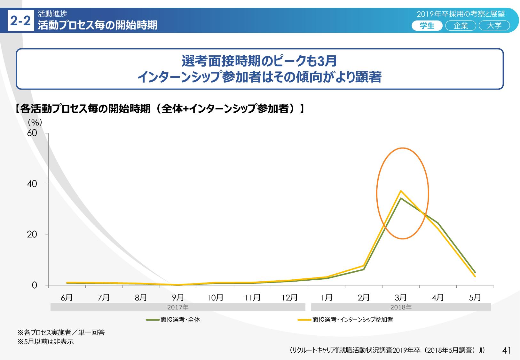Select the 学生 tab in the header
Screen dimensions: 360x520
coord(427,26)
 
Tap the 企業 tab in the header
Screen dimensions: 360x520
coord(461,26)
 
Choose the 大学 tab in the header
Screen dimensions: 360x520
coord(494,26)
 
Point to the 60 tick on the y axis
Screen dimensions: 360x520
coord(32,133)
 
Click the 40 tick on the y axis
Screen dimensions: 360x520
coord(32,184)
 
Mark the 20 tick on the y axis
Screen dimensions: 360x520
coord(32,235)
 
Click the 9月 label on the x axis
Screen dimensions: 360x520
coord(178,298)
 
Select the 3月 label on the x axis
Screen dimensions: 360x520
coord(401,298)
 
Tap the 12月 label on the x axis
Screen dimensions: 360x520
coord(289,298)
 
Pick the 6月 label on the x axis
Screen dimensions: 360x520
coord(67,298)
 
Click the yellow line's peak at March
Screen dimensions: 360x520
coord(401,191)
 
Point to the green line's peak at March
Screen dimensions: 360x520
coord(401,198)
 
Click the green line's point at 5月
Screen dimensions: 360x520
coord(475,272)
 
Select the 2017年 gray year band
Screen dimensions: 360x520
coord(178,307)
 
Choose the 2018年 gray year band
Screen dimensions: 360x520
coord(401,307)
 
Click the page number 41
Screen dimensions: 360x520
coord(507,351)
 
